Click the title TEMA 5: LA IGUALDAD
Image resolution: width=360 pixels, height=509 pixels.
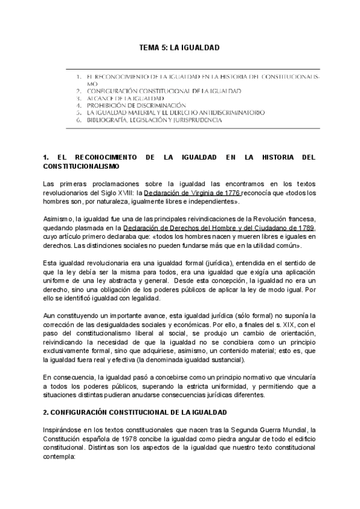point(179,47)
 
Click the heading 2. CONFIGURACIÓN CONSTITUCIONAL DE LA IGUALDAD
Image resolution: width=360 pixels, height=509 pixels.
point(134,413)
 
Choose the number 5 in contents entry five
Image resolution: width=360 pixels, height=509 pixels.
point(79,112)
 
